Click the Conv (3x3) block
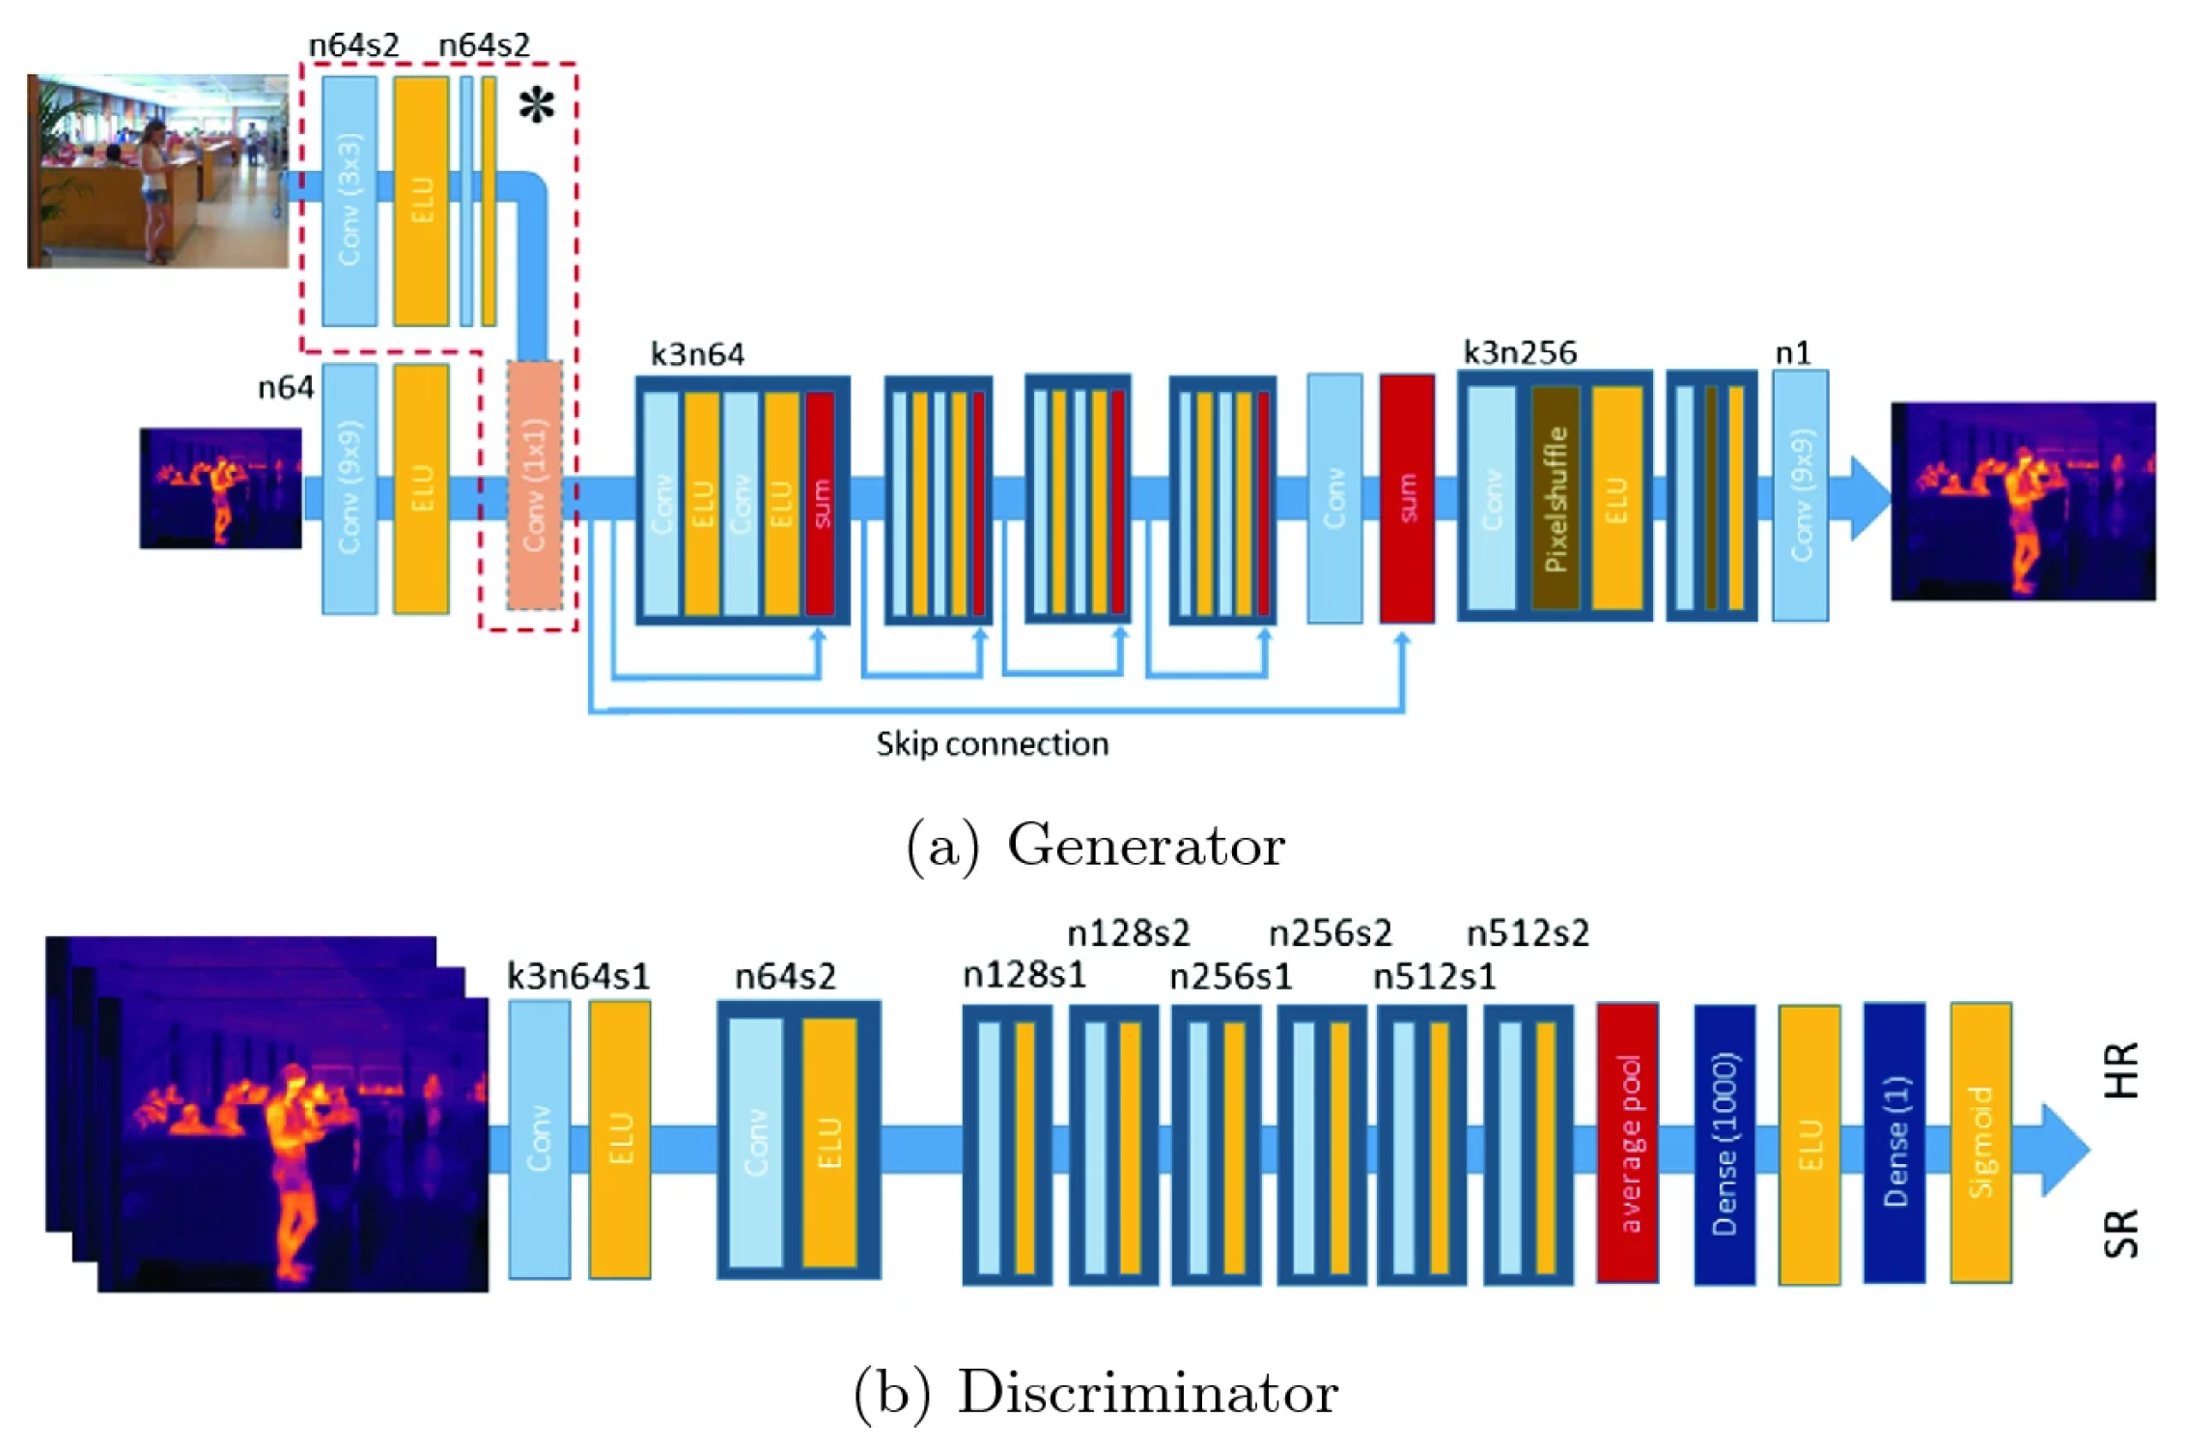click(349, 201)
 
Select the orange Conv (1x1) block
click(534, 486)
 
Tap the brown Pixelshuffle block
click(1555, 498)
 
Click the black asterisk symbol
click(537, 106)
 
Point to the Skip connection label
click(992, 744)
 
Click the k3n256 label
click(1520, 353)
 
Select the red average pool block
click(1627, 1142)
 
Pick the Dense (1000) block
click(1724, 1145)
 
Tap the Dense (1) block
click(1893, 1142)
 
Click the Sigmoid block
click(1980, 1142)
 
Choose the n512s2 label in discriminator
click(1528, 933)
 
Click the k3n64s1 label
click(578, 976)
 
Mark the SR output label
click(2121, 1233)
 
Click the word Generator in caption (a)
click(1145, 846)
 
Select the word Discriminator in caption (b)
click(1147, 1393)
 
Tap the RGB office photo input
click(157, 171)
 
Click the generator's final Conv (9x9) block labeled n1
click(1800, 495)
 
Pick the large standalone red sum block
click(1407, 498)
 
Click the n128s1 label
click(1024, 976)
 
